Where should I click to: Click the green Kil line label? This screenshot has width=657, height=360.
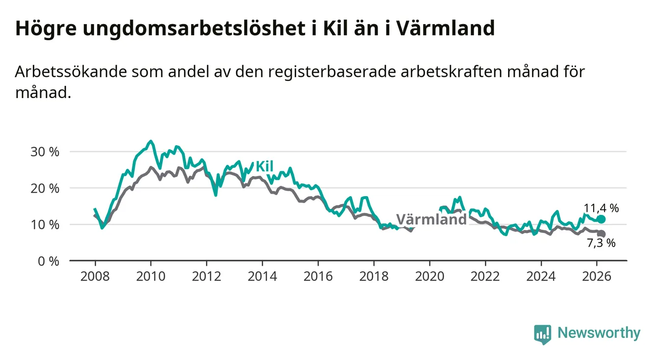coord(264,167)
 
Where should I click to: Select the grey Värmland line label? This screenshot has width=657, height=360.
coord(431,219)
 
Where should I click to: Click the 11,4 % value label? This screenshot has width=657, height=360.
coord(601,208)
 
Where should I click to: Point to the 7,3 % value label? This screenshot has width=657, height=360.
coord(601,243)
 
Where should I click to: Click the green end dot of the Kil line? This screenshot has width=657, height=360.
coord(602,219)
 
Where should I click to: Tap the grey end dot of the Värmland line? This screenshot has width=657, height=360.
coord(602,234)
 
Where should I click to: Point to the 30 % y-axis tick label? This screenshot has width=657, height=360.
coord(45,152)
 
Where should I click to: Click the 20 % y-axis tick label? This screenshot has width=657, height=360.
coord(45,188)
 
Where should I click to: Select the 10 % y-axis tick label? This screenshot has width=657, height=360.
coord(45,225)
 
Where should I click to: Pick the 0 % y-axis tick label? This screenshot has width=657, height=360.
coord(48,261)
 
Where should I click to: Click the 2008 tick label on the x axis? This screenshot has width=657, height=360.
coord(95,276)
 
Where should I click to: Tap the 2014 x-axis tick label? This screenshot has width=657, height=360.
coord(262,276)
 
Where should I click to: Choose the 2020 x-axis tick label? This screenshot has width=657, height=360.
coord(430,276)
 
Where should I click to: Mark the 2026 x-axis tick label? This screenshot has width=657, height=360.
coord(597,276)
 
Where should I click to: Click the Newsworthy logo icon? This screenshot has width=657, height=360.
coord(542,334)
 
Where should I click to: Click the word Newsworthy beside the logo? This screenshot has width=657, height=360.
coord(599,334)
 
